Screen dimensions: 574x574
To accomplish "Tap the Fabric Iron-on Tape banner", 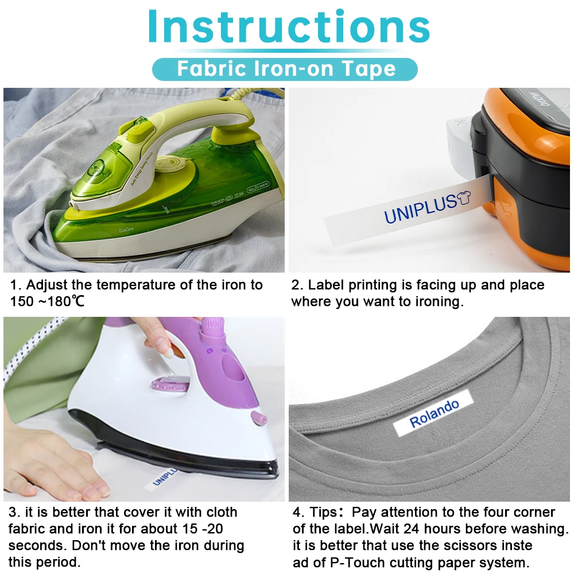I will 285,69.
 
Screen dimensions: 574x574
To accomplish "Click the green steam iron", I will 166,184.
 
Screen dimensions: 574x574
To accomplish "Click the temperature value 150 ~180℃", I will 47,301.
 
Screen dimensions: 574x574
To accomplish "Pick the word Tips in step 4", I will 325,513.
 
